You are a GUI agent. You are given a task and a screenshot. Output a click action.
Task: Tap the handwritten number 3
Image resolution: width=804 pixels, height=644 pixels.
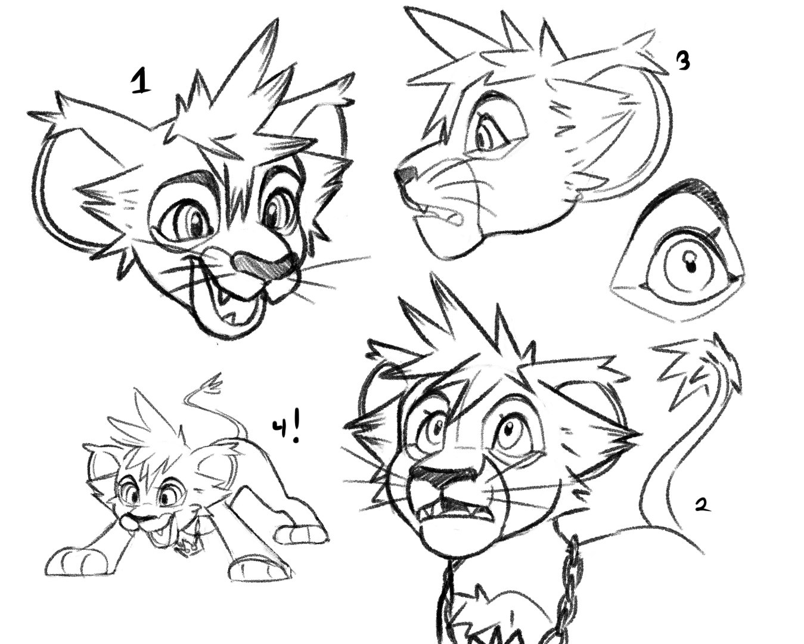coord(682,61)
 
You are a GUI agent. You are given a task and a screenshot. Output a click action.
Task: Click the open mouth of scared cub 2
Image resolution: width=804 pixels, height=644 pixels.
coord(454,514)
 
